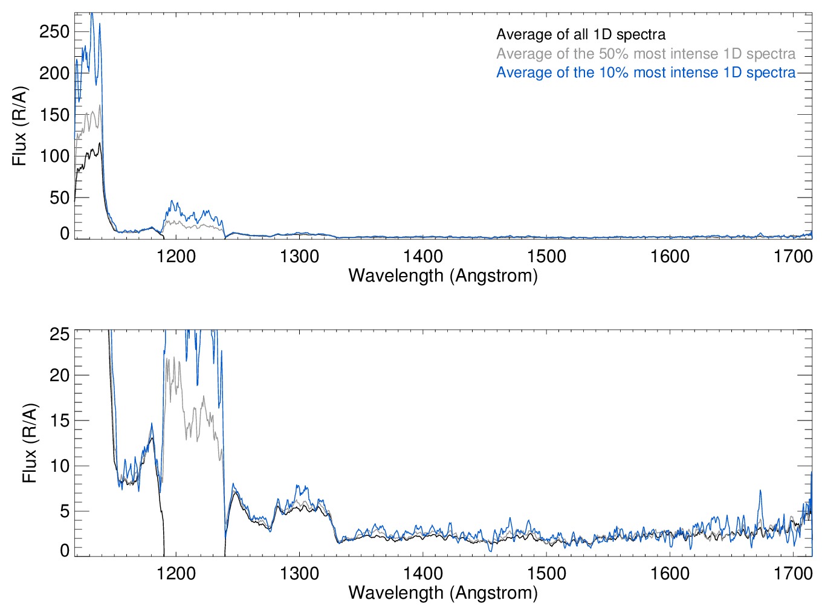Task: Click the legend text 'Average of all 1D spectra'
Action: [x=581, y=34]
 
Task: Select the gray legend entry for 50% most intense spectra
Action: [x=645, y=54]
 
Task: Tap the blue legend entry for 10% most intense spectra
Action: [x=645, y=72]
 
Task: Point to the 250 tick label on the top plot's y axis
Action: [x=54, y=31]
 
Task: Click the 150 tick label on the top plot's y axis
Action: [x=54, y=115]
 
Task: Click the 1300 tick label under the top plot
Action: [x=299, y=257]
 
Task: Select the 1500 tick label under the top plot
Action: [x=546, y=257]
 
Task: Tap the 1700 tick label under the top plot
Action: [x=793, y=257]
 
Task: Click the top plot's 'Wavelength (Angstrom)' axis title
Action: [x=443, y=276]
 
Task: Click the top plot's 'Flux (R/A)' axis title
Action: [x=19, y=126]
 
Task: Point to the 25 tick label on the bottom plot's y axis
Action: [x=59, y=334]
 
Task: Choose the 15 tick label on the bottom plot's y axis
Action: [x=59, y=421]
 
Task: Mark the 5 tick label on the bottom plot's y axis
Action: [x=64, y=512]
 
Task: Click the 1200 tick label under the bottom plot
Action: [x=176, y=573]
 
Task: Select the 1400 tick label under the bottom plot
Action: [x=423, y=573]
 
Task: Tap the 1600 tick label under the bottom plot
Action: [x=670, y=573]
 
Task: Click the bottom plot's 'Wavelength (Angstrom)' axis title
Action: [x=443, y=593]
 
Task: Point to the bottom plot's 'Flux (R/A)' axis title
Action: [x=29, y=443]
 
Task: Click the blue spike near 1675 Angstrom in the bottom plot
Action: [x=760, y=492]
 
